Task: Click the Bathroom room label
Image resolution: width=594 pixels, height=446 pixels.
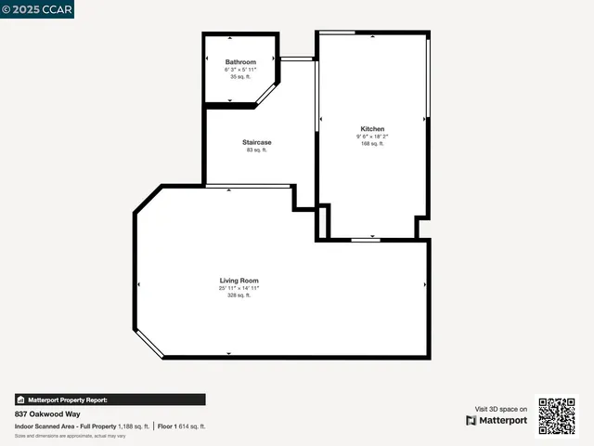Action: point(240,62)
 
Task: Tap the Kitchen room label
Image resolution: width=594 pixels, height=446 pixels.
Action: point(372,129)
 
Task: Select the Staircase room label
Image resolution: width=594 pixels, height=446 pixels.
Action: point(257,142)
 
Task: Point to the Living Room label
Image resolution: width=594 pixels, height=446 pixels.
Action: point(239,280)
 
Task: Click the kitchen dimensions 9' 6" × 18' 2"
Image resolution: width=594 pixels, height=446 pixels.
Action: point(372,137)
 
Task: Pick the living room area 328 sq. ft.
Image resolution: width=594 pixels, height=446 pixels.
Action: point(239,295)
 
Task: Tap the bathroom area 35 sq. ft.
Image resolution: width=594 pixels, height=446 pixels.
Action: point(240,77)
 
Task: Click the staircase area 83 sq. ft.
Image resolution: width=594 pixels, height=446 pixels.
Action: point(257,150)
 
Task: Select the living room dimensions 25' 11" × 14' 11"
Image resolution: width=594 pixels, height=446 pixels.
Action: point(239,288)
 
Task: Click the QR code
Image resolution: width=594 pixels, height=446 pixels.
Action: point(558,415)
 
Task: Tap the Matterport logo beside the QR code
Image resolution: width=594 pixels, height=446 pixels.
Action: point(497,420)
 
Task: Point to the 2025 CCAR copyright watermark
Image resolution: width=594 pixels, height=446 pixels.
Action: point(37,9)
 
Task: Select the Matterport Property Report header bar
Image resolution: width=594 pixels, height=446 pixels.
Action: point(110,400)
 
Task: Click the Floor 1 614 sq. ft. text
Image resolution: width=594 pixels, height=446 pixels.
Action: point(182,426)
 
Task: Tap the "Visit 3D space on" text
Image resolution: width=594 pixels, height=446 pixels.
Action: point(501,409)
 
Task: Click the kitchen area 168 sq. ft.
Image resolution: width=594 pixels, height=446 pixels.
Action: point(372,144)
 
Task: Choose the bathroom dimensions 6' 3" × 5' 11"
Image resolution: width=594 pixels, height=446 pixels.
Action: point(240,70)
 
